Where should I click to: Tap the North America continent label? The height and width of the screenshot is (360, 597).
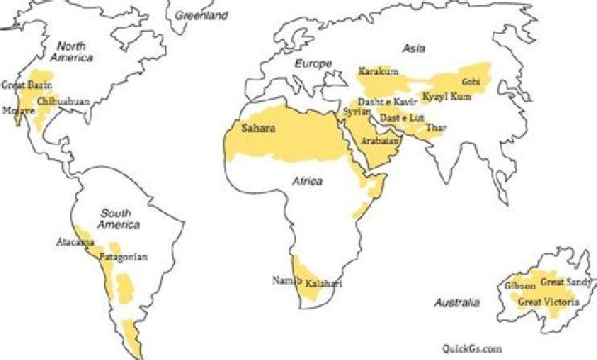(x=71, y=52)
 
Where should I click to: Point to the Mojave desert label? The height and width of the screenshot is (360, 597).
(x=18, y=110)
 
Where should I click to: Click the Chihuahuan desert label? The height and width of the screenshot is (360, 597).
(x=63, y=100)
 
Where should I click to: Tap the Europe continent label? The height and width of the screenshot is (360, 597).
(x=313, y=64)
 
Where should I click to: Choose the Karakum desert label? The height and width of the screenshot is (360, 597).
(x=378, y=71)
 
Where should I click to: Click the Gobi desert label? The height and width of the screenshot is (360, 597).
(x=471, y=82)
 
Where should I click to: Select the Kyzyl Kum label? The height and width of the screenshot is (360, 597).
(x=447, y=97)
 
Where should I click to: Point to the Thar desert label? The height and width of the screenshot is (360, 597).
(x=435, y=128)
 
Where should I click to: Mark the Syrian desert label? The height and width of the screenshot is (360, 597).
(x=355, y=111)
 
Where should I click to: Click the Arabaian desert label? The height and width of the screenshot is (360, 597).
(x=380, y=141)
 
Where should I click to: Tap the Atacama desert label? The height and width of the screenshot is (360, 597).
(x=75, y=242)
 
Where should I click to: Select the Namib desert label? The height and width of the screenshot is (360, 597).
(x=284, y=280)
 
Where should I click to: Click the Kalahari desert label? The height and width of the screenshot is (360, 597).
(x=324, y=285)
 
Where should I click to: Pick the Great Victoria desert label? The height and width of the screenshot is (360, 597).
(x=548, y=302)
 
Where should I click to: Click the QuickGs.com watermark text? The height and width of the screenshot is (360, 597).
(x=472, y=349)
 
